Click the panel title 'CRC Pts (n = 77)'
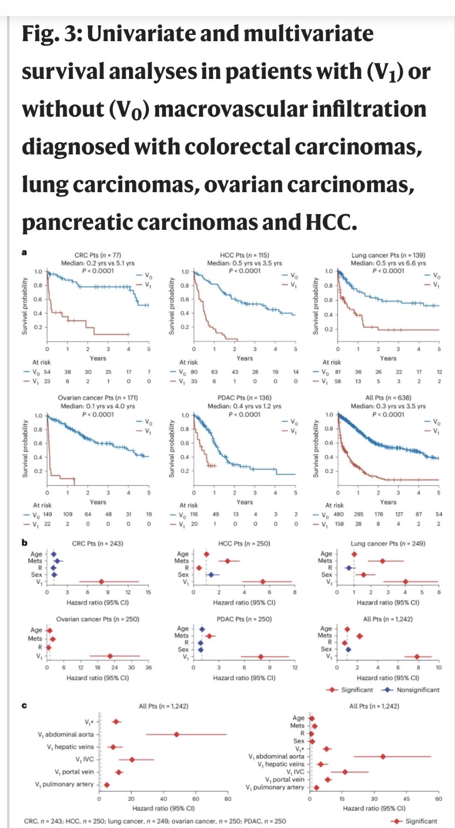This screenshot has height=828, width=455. (x=98, y=255)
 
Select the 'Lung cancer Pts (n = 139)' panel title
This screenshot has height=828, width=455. (x=388, y=255)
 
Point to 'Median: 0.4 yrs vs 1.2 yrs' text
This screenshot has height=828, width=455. (x=245, y=406)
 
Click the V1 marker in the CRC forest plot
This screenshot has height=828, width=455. (x=101, y=582)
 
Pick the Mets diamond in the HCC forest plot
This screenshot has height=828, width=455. (x=228, y=561)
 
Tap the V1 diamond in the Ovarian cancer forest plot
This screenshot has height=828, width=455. (x=110, y=656)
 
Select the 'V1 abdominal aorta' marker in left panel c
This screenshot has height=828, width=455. (x=177, y=734)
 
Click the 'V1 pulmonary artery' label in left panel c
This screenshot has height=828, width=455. (x=65, y=784)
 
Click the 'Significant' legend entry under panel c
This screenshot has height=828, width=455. (x=421, y=821)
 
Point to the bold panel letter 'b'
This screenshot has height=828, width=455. (x=24, y=543)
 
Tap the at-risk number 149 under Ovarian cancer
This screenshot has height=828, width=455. (x=47, y=514)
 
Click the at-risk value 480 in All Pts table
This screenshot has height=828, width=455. (x=338, y=514)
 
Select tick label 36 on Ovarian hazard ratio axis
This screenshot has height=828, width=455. (x=148, y=667)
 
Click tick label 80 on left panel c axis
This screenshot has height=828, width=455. (x=228, y=798)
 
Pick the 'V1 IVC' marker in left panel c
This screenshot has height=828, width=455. (x=132, y=759)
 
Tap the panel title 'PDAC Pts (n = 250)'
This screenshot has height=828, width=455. (x=244, y=619)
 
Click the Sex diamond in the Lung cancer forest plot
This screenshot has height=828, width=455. (x=364, y=575)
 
